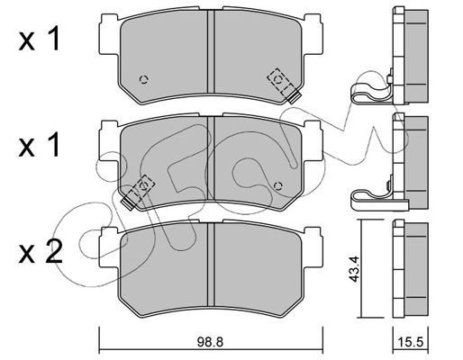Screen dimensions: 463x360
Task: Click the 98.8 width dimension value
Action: pos(211,342)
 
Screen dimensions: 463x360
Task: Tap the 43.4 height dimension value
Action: pos(354,268)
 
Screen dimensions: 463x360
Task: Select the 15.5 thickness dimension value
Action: pos(411,342)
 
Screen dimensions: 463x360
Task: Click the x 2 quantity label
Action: pos(41,255)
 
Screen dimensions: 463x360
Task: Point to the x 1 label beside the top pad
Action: pos(40,40)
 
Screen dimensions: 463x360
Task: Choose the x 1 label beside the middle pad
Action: pos(40,147)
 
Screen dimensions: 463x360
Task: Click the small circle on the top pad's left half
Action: pos(144,79)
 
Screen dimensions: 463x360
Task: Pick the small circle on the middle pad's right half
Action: pos(278,186)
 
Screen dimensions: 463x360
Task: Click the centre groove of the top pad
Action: pos(211,51)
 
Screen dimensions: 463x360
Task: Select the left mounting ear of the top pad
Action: pos(109,34)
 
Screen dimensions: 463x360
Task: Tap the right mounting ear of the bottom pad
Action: pos(313,247)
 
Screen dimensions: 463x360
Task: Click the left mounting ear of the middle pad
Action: pos(109,141)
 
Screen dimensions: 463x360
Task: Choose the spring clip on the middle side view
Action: pos(372,196)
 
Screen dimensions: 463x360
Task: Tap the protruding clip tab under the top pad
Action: pos(294,96)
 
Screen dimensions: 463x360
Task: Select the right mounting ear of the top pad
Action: pos(313,34)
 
